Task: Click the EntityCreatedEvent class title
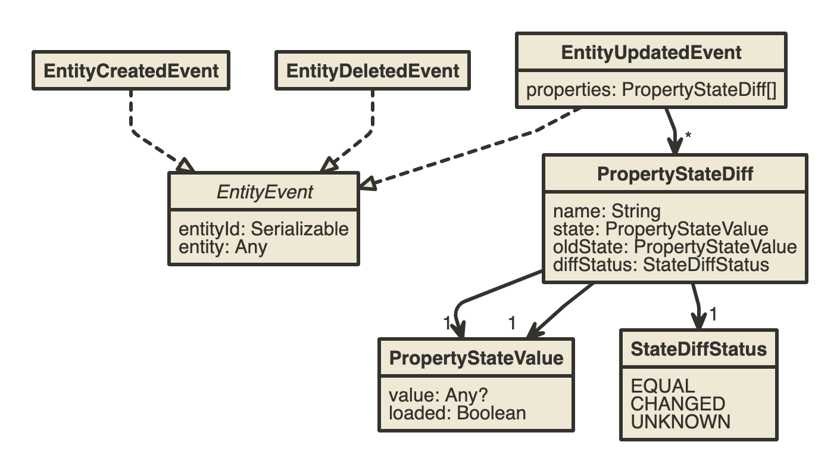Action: tap(131, 71)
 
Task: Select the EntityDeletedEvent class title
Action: tap(373, 71)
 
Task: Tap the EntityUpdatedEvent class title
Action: tap(651, 52)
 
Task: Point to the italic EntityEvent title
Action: tap(264, 192)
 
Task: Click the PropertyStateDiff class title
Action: tap(675, 174)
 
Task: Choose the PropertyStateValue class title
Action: tap(476, 358)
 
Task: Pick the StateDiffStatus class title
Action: tap(699, 349)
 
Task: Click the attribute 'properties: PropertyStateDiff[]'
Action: tap(651, 90)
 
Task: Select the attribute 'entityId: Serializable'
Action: tap(264, 229)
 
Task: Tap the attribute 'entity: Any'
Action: tap(223, 247)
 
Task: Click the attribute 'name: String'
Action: tap(607, 211)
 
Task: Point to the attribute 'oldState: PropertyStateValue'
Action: tap(675, 247)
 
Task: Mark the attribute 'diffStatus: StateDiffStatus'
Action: tap(661, 264)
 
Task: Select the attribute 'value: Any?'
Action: tap(438, 396)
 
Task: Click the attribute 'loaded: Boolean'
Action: tap(457, 413)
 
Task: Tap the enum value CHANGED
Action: tap(677, 404)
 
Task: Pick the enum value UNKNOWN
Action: tap(680, 422)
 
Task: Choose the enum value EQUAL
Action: tap(663, 386)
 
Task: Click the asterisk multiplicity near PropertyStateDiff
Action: tap(688, 135)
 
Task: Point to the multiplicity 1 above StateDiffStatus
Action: tap(713, 314)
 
